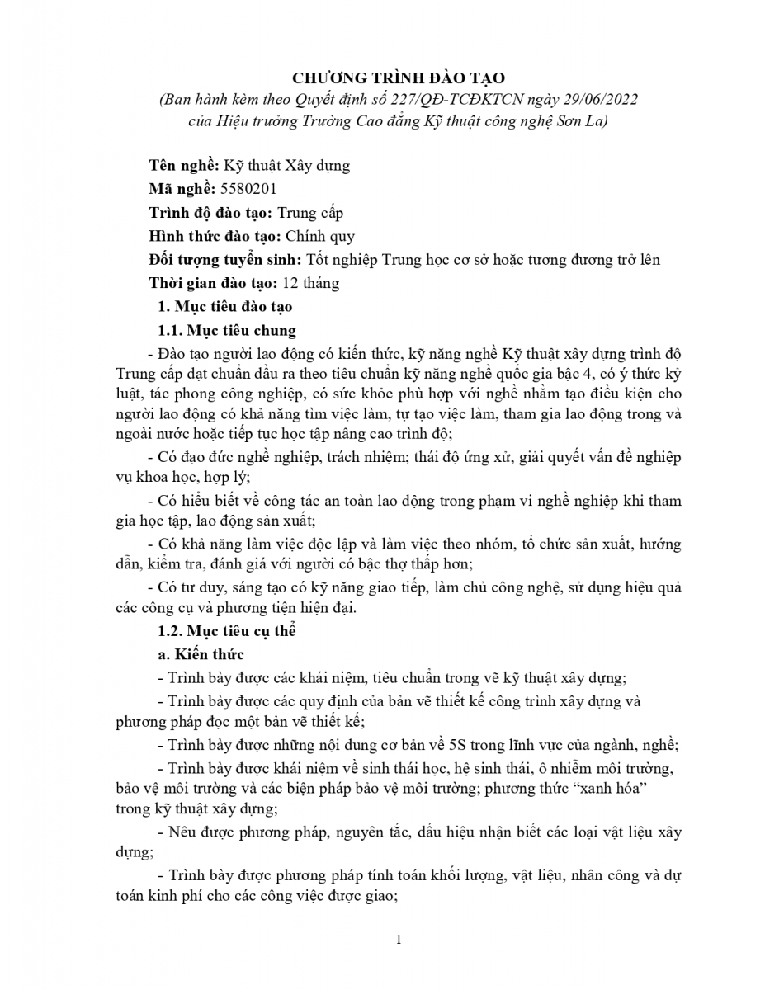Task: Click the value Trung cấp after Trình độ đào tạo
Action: pos(309,213)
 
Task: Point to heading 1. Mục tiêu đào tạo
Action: pos(225,307)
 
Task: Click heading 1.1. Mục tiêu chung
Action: pos(226,331)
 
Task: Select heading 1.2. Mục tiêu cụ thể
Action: pos(226,632)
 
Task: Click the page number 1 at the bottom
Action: pos(399,940)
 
